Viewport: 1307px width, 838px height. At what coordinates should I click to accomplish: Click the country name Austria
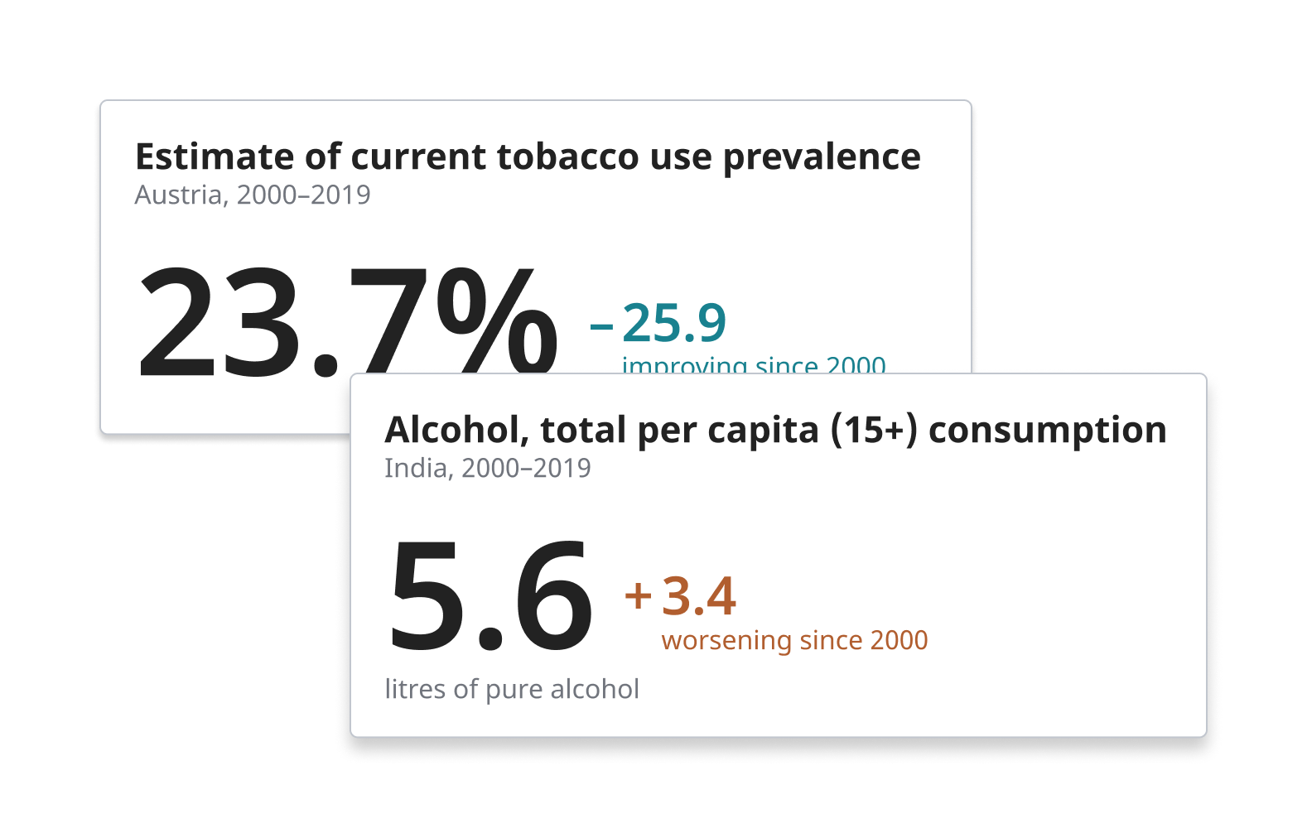[179, 195]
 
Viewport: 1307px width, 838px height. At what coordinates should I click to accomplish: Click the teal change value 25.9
[674, 323]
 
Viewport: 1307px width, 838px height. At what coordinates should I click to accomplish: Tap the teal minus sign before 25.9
[601, 325]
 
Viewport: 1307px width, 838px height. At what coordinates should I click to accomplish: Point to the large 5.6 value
[490, 596]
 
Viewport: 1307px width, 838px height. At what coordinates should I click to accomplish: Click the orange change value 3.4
[698, 596]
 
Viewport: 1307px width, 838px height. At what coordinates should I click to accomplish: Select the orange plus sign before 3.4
[638, 595]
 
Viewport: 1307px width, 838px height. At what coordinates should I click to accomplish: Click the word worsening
[726, 641]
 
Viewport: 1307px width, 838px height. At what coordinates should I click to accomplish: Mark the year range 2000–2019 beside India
[526, 469]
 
